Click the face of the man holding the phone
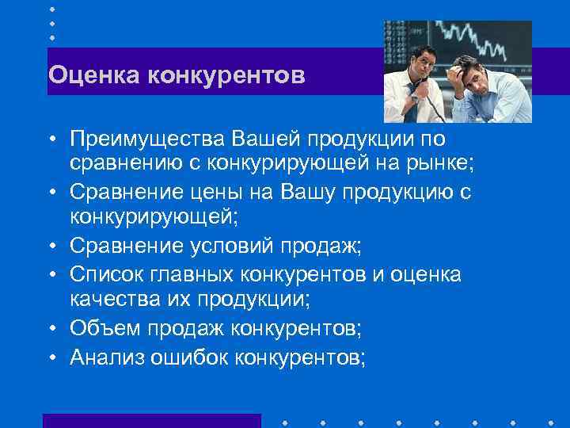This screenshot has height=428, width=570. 425,60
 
